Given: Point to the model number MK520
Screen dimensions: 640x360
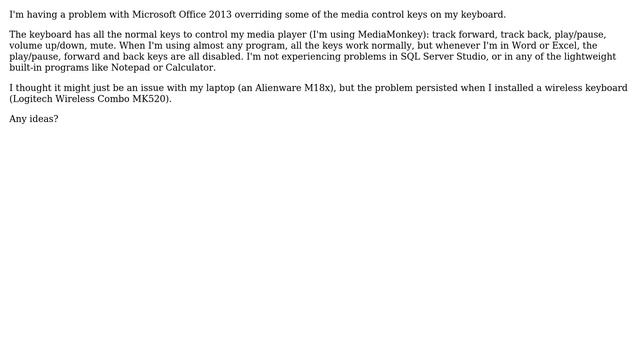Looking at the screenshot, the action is pyautogui.click(x=148, y=100).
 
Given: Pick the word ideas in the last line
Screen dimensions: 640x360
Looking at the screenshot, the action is pyautogui.click(x=41, y=120).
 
